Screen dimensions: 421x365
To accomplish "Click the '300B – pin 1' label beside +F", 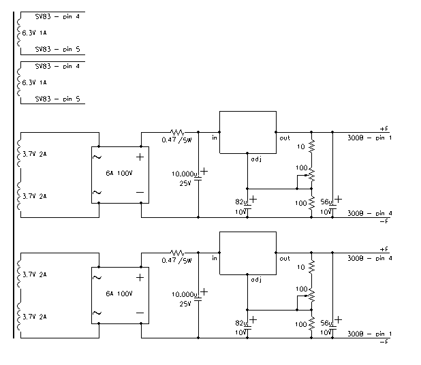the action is [x=369, y=138].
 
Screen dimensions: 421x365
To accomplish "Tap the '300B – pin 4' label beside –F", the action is [x=370, y=213].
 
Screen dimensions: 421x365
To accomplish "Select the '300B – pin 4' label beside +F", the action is [x=370, y=259].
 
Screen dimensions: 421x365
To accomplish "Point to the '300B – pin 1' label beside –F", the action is [x=369, y=334].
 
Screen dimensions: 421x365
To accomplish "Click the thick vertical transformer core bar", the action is [x=14, y=175].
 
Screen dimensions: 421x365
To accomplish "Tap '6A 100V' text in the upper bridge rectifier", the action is [x=119, y=174].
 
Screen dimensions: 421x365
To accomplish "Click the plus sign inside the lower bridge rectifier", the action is [x=140, y=278].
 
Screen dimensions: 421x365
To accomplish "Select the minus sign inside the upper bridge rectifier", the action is [x=140, y=193].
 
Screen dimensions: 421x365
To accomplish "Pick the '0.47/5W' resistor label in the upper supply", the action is [x=176, y=140].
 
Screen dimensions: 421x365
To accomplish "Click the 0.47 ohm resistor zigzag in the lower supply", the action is [x=177, y=253].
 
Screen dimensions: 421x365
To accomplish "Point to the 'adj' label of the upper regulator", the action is [x=256, y=159].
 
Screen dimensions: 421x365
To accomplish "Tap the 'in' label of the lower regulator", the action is [x=215, y=258].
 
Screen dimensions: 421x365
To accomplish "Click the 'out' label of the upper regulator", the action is [x=285, y=138].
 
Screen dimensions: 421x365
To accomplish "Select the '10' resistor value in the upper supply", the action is [x=300, y=146].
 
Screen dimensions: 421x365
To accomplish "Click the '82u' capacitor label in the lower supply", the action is [x=241, y=323].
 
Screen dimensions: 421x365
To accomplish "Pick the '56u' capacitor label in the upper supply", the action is [x=326, y=202].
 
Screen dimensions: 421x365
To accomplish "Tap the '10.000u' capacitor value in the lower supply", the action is [x=185, y=295].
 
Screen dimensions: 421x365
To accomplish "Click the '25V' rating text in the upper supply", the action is [x=185, y=183].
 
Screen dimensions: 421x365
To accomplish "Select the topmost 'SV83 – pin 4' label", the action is [x=57, y=16].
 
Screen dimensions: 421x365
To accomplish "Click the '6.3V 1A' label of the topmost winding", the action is [x=34, y=33].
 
